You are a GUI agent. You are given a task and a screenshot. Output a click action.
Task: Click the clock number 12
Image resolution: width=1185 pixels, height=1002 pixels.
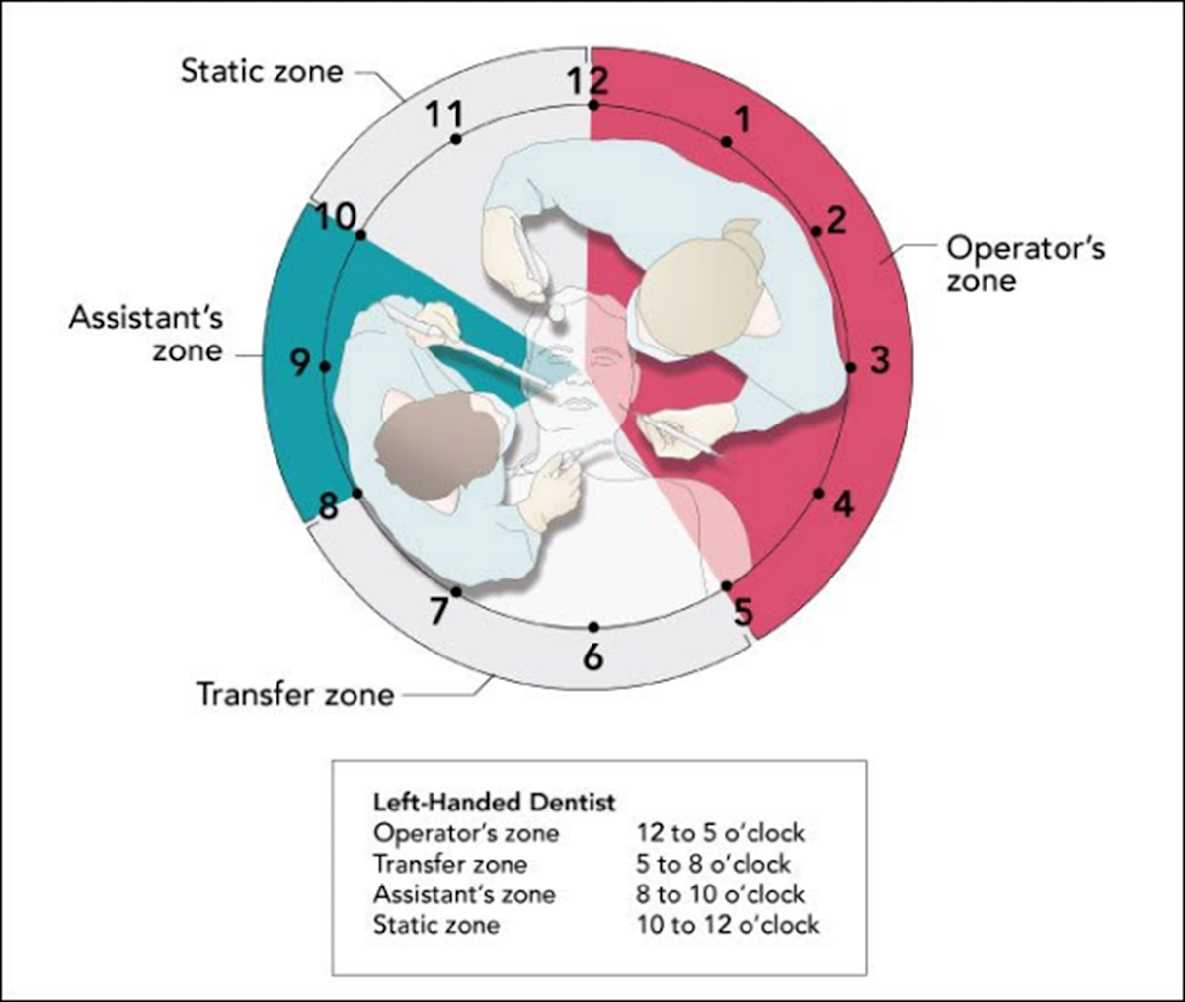[588, 80]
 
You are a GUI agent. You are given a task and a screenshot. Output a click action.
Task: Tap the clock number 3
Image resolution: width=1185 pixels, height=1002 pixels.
[879, 360]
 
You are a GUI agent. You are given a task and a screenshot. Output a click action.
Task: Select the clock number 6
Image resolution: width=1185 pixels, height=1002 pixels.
[592, 655]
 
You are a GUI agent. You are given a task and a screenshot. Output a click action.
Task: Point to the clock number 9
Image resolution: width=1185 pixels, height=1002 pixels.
[300, 363]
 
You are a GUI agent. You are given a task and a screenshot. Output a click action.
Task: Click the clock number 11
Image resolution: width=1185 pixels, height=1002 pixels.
[444, 115]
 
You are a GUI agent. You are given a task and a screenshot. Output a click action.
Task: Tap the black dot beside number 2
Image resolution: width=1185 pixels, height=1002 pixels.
[816, 232]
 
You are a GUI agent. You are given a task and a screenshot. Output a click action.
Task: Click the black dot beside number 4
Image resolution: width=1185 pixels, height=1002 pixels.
[818, 493]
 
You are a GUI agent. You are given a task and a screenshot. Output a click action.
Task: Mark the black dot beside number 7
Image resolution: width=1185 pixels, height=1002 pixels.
[456, 592]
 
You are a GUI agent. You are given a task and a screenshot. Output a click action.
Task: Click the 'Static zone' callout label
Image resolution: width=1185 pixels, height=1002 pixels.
[262, 71]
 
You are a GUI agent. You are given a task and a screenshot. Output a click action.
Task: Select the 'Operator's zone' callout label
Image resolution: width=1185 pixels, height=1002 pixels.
[1025, 264]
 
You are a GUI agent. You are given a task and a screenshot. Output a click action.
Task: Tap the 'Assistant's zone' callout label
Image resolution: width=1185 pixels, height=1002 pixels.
[146, 335]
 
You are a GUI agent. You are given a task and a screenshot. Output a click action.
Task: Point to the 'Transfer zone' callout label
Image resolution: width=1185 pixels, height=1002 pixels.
[295, 694]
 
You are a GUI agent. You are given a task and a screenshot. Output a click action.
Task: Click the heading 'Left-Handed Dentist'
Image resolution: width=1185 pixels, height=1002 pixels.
[494, 802]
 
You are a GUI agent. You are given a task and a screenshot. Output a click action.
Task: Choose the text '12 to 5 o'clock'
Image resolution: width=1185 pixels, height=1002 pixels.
[721, 833]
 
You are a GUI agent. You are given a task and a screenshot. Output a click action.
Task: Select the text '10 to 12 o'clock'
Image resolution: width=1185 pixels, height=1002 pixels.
[728, 925]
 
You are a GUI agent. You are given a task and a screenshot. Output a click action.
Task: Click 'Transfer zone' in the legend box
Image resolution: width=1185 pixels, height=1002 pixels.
[450, 864]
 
